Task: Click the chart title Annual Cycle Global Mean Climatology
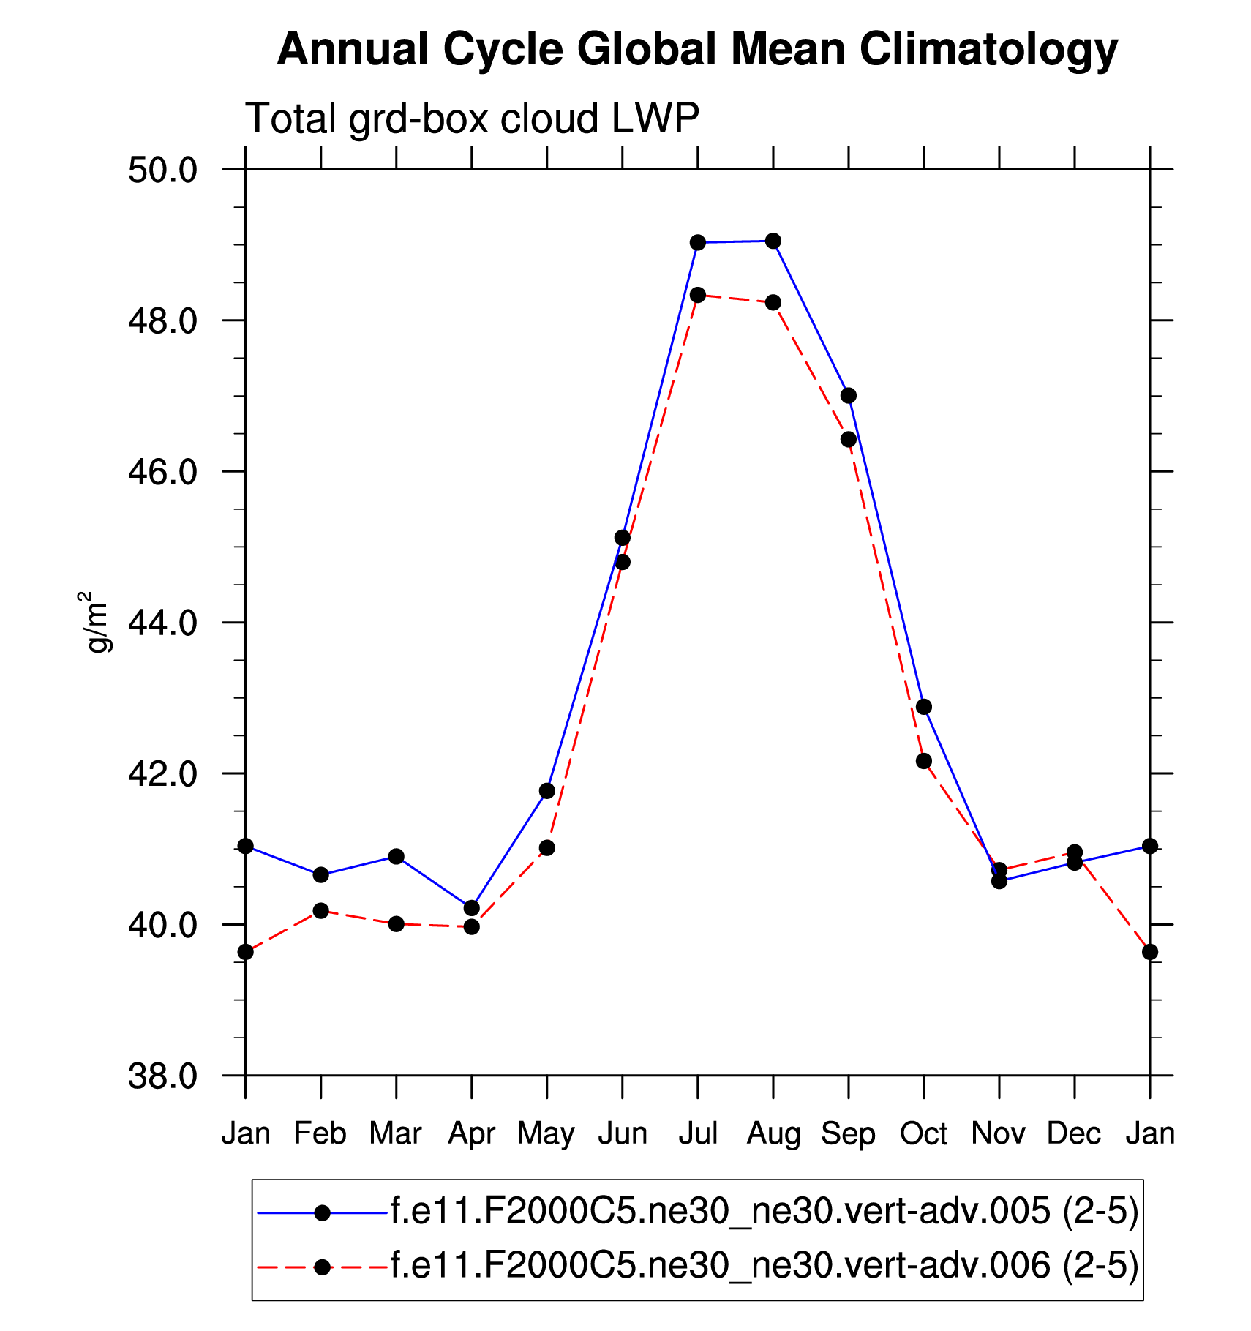[x=697, y=50]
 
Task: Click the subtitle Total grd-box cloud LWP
[x=472, y=119]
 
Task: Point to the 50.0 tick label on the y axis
[x=163, y=170]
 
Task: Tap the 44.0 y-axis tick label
[x=163, y=623]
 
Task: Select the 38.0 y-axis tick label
[x=163, y=1076]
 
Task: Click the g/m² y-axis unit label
[x=95, y=621]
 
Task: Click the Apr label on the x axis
[x=472, y=1134]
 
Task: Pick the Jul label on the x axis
[x=698, y=1134]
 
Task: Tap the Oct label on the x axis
[x=924, y=1134]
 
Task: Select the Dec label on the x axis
[x=1074, y=1134]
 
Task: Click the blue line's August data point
[x=773, y=241]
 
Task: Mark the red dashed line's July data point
[x=698, y=295]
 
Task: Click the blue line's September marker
[x=849, y=396]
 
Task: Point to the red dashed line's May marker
[x=547, y=848]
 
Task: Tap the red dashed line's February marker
[x=320, y=910]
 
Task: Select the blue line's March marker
[x=397, y=856]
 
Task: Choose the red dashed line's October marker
[x=924, y=761]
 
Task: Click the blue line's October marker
[x=924, y=707]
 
